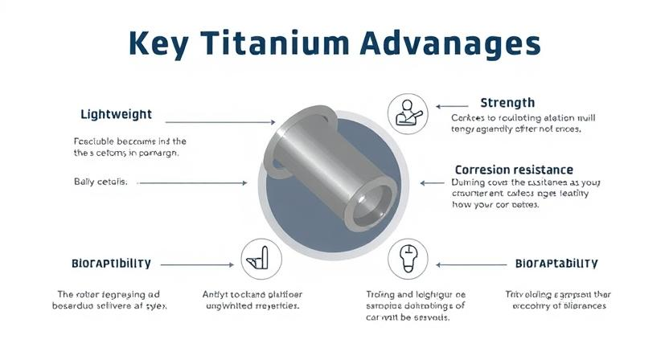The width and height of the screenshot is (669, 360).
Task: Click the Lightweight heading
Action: (x=117, y=114)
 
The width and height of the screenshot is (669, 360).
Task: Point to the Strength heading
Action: (x=507, y=103)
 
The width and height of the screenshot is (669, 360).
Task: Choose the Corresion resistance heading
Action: (x=514, y=170)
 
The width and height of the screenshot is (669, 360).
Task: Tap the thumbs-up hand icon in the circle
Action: (x=261, y=257)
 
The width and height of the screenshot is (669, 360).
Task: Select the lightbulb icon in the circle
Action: (x=407, y=257)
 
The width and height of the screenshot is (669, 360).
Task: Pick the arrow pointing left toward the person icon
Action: (x=451, y=104)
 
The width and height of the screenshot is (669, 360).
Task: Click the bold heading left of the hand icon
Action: (x=111, y=264)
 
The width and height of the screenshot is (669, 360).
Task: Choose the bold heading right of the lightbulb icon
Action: (x=556, y=264)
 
